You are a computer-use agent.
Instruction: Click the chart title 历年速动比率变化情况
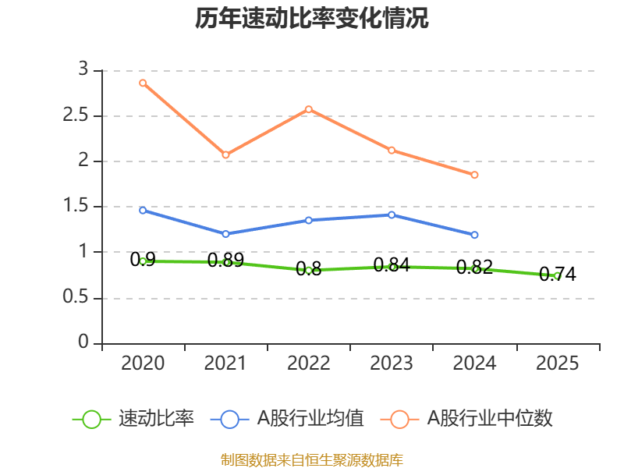click(311, 18)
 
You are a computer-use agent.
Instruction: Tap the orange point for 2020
click(143, 83)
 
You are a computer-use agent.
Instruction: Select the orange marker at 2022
click(309, 109)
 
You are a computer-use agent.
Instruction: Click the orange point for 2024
click(474, 175)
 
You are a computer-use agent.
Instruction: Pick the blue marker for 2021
click(225, 234)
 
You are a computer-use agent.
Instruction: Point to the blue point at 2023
click(392, 215)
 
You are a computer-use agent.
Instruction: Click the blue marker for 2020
click(143, 210)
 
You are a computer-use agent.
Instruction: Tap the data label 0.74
click(557, 275)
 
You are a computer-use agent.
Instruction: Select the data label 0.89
click(225, 261)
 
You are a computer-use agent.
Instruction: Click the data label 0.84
click(392, 265)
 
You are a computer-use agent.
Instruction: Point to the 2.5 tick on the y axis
click(76, 115)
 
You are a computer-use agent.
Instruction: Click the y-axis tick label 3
click(83, 69)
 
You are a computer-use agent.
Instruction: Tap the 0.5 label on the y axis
click(76, 296)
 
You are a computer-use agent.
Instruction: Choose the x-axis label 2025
click(557, 363)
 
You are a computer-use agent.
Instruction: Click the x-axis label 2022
click(309, 363)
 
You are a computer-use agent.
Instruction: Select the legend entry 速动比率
click(133, 419)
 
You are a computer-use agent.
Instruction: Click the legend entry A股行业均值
click(287, 419)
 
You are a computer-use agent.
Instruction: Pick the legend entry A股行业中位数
click(466, 419)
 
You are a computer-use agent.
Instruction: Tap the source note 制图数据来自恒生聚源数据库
click(312, 460)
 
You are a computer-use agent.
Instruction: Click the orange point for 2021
click(225, 154)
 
